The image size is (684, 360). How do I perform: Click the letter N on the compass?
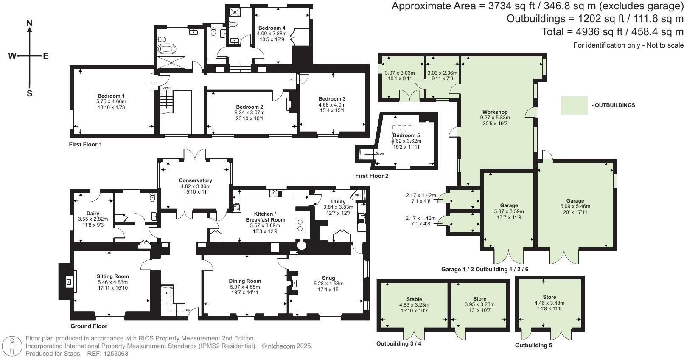(x=30, y=23)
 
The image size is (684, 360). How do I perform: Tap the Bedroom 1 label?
(x=111, y=96)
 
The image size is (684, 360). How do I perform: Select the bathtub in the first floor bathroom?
(x=167, y=49)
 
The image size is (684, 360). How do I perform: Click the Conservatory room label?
(x=196, y=180)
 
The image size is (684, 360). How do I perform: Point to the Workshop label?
(x=495, y=112)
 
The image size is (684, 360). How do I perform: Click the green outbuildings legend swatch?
(x=574, y=105)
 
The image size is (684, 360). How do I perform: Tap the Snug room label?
(x=328, y=278)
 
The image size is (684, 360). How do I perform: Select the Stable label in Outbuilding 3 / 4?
(x=414, y=299)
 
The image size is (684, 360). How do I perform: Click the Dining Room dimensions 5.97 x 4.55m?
(x=245, y=287)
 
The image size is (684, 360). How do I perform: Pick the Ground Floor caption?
(x=89, y=326)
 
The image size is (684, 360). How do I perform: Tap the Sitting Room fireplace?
(x=69, y=282)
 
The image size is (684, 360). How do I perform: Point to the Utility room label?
(x=338, y=202)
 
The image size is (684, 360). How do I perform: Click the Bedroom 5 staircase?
(x=368, y=154)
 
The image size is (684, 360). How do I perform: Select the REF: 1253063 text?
(x=108, y=354)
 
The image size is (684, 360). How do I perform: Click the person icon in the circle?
(x=11, y=346)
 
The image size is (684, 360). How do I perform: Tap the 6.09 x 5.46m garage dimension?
(x=575, y=206)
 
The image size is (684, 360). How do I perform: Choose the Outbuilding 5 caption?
(x=533, y=345)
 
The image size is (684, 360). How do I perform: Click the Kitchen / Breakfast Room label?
(x=265, y=217)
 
